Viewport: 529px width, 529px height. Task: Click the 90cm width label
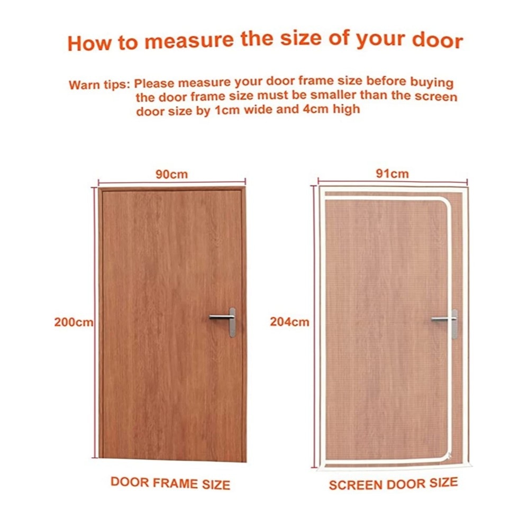pyautogui.click(x=171, y=175)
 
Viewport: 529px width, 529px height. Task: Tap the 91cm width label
pyautogui.click(x=393, y=174)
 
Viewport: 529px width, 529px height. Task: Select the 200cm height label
pyautogui.click(x=74, y=322)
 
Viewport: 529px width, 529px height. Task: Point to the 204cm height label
pyautogui.click(x=289, y=322)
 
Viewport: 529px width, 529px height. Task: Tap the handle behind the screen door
pyautogui.click(x=445, y=323)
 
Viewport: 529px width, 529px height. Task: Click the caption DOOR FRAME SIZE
pyautogui.click(x=170, y=483)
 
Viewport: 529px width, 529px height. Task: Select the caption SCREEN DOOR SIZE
pyautogui.click(x=394, y=484)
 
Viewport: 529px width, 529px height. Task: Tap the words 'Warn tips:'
pyautogui.click(x=99, y=84)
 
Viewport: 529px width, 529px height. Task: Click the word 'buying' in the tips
pyautogui.click(x=432, y=83)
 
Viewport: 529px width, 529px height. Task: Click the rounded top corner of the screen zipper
pyautogui.click(x=445, y=204)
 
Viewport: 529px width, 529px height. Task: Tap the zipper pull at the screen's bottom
pyautogui.click(x=449, y=457)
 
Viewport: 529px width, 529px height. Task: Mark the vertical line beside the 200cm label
pyautogui.click(x=95, y=323)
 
